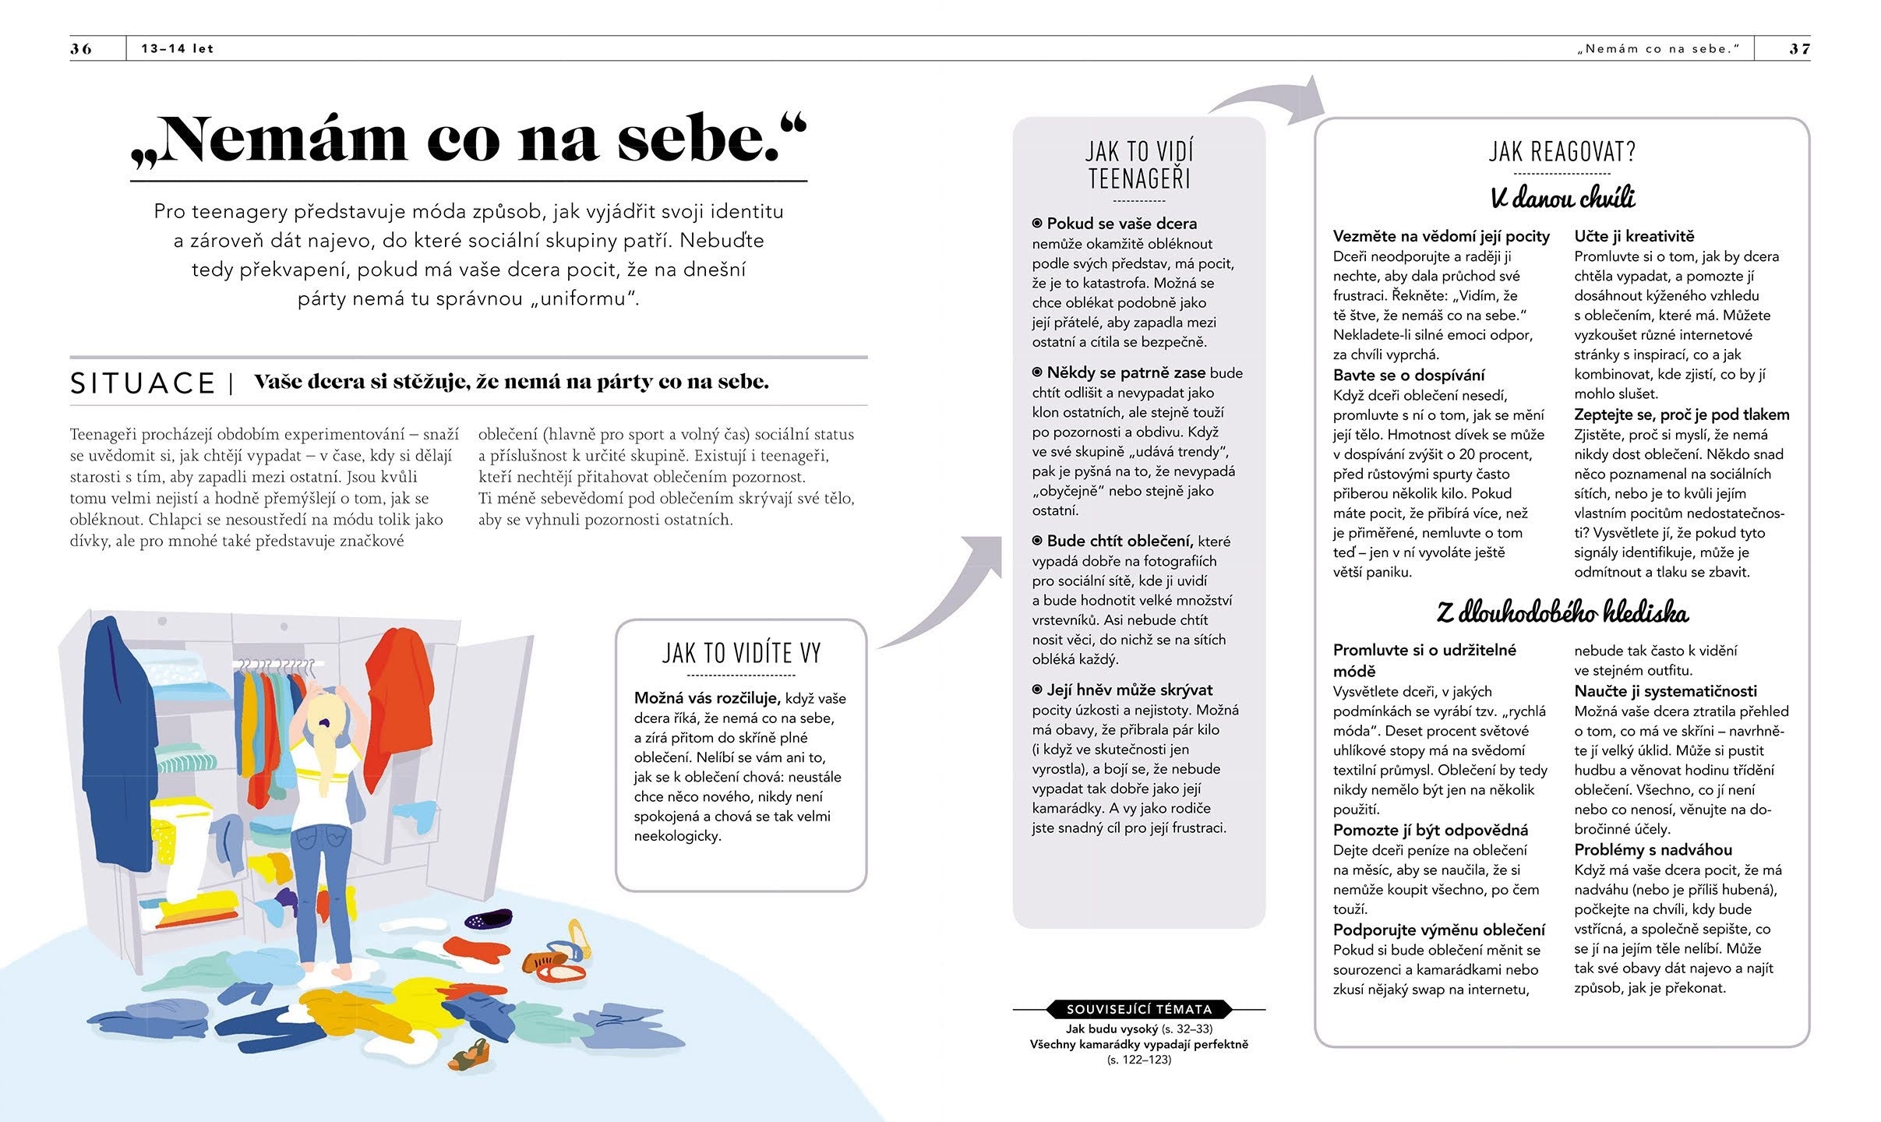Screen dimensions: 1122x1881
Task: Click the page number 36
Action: pos(81,48)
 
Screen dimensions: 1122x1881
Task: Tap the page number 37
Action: pos(1799,48)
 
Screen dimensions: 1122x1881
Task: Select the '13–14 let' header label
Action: pos(177,48)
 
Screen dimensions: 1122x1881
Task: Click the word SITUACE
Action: pos(143,383)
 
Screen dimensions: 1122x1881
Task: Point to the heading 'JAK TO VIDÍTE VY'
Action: pos(741,653)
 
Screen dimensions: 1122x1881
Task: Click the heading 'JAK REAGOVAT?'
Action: pos(1562,151)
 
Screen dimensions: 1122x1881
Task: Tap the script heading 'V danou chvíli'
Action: pos(1562,198)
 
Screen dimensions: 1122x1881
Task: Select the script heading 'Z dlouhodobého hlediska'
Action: pos(1562,612)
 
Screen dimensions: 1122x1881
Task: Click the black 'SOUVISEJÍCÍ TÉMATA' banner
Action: pos(1138,1009)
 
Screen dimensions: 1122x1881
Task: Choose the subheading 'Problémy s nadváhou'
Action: pos(1652,849)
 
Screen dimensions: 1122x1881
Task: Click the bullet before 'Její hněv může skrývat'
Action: pos(1037,690)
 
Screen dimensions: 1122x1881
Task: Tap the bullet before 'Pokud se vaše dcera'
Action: pos(1037,224)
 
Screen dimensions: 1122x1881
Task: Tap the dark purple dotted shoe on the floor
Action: pos(489,919)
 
